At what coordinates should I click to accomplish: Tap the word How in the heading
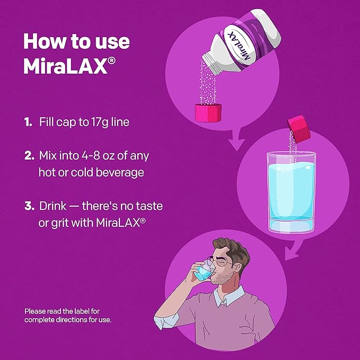click(46, 41)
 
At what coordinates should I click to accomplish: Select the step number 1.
click(28, 122)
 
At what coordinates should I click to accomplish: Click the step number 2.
click(29, 156)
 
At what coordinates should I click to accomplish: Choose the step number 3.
click(29, 206)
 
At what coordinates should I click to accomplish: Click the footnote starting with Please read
click(68, 316)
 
